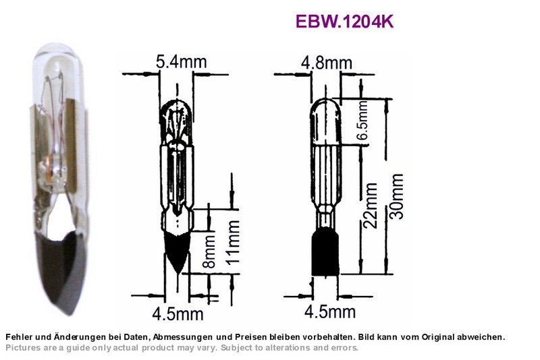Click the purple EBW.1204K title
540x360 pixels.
point(344,22)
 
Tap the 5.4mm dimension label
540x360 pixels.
point(181,62)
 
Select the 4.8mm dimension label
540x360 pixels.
point(327,63)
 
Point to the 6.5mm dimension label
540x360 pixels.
point(362,120)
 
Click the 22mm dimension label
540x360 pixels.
point(371,206)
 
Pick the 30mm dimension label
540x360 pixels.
point(396,196)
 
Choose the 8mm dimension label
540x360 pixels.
point(209,251)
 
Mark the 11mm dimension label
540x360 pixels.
point(233,242)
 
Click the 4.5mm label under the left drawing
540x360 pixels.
point(178,313)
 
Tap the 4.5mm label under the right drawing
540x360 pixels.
point(330,311)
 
